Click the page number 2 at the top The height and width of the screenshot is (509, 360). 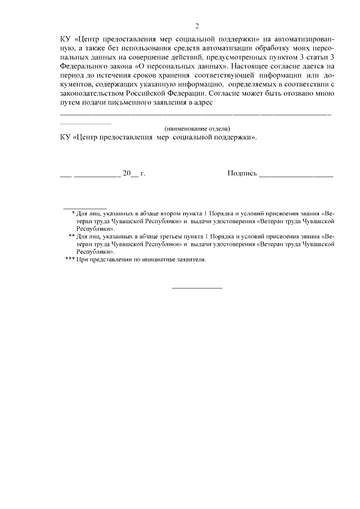coord(197,26)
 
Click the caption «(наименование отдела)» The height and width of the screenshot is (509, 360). coord(197,128)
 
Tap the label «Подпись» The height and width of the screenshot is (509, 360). coord(242,174)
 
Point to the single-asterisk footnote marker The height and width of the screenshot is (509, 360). coord(74,213)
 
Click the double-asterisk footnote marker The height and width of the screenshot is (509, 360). coord(71,237)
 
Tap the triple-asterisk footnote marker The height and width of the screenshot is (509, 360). coord(70,260)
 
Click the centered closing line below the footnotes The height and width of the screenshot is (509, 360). coord(197,288)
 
